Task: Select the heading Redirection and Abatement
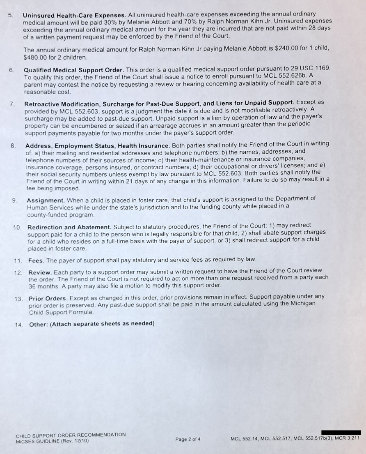[x=69, y=227]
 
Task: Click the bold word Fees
[x=37, y=260]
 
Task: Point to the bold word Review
[x=40, y=272]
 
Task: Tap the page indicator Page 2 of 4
[x=188, y=439]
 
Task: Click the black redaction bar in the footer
[x=341, y=432]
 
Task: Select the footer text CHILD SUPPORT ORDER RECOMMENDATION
[x=71, y=434]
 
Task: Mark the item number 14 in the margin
[x=18, y=324]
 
